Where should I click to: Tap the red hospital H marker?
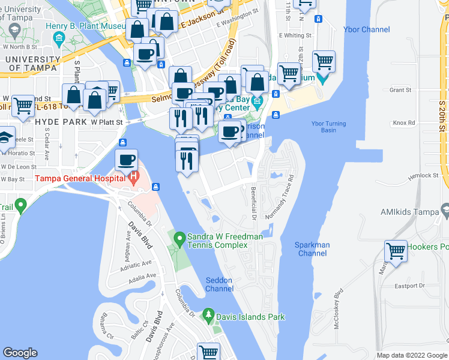[x=134, y=178]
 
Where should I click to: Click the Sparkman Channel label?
[x=312, y=249]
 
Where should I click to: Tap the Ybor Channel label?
[x=366, y=29]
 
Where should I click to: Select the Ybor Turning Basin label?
[x=328, y=127]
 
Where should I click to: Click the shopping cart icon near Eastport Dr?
[x=396, y=251]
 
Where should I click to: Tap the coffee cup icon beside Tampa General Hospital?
[x=127, y=160]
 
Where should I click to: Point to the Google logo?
[x=20, y=353]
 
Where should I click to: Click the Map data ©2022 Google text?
[x=411, y=355]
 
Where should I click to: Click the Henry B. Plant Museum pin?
[x=59, y=39]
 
